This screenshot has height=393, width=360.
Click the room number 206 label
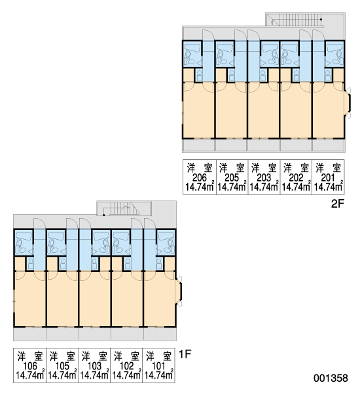pyautogui.click(x=200, y=178)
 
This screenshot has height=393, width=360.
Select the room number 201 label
pyautogui.click(x=328, y=178)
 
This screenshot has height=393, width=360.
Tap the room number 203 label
pyautogui.click(x=264, y=178)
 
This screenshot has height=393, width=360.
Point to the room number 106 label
pyautogui.click(x=30, y=366)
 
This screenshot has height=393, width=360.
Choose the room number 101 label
pyautogui.click(x=158, y=366)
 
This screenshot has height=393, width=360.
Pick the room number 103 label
pyautogui.click(x=94, y=366)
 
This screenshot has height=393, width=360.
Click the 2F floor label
pyautogui.click(x=338, y=204)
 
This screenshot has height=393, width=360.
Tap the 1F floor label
pyautogui.click(x=185, y=354)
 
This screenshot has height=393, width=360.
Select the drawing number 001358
pyautogui.click(x=331, y=378)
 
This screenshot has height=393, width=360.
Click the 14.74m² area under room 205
pyautogui.click(x=232, y=187)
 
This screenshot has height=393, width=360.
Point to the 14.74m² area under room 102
pyautogui.click(x=126, y=375)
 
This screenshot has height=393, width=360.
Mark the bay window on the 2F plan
pyautogui.click(x=348, y=103)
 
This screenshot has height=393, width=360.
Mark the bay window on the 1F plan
pyautogui.click(x=179, y=291)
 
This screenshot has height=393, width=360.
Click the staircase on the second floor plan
pyautogui.click(x=295, y=20)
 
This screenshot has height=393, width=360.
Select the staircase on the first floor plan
pyautogui.click(x=124, y=208)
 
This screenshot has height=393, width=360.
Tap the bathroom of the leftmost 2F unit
pyautogui.click(x=192, y=54)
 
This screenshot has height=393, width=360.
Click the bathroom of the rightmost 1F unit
pyautogui.click(x=166, y=242)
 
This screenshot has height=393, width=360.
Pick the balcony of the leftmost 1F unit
pyautogui.click(x=29, y=334)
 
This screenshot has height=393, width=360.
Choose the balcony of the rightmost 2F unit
pyautogui.click(x=329, y=145)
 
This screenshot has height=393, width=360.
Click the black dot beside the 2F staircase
pyautogui.click(x=321, y=19)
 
